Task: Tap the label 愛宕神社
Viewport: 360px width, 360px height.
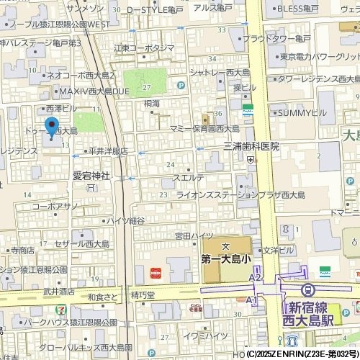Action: (x=89, y=174)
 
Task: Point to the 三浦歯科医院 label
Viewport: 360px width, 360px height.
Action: (x=251, y=146)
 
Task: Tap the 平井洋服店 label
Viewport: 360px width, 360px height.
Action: (x=107, y=151)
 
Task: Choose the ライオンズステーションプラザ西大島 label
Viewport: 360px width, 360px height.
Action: (x=251, y=194)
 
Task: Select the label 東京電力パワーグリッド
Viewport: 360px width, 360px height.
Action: (x=319, y=56)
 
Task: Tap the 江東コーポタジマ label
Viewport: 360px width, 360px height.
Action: (x=144, y=48)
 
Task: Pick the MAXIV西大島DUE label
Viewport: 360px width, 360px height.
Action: (x=89, y=92)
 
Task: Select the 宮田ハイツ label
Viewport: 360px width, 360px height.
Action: (x=194, y=235)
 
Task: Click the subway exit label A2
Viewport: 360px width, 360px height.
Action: (x=255, y=276)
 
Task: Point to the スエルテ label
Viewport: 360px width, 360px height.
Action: (x=189, y=177)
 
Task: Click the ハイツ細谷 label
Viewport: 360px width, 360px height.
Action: (x=125, y=220)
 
